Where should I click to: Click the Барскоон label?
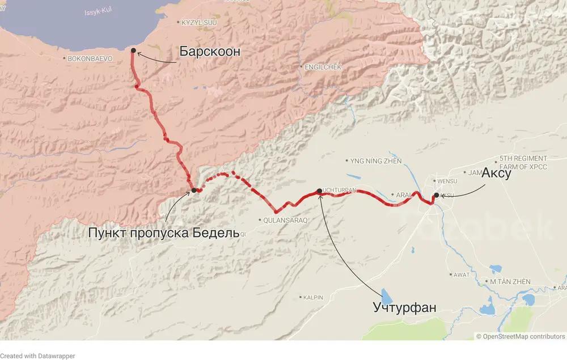coord(210,52)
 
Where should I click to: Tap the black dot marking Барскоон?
coord(133,50)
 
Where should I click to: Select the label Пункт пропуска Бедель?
coord(160,232)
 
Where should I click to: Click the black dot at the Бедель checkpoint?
coord(193,190)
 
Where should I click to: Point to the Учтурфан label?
coord(405,308)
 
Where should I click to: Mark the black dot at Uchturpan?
coord(319,191)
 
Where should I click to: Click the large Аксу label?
coord(497,174)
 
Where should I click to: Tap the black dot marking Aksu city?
coord(436,196)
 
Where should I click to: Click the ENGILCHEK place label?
coord(323,67)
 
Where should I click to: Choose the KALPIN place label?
coord(313,297)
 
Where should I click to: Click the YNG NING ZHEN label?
coord(376,161)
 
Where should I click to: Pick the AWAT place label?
coord(461,274)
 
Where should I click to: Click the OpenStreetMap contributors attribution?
coord(521,336)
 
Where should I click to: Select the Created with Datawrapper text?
coord(37,355)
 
